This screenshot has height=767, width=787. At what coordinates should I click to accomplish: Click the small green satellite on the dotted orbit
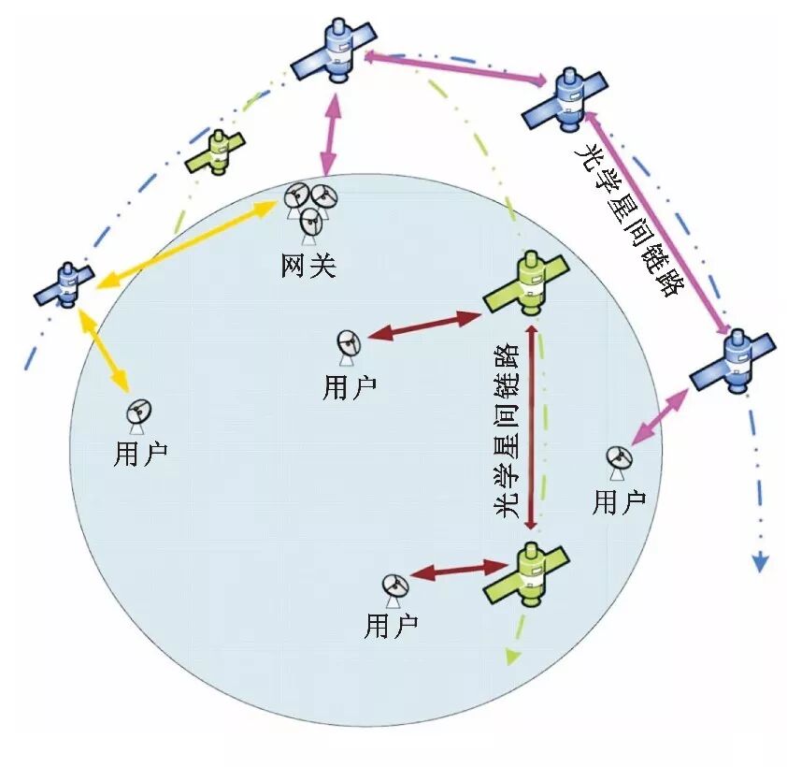click(216, 150)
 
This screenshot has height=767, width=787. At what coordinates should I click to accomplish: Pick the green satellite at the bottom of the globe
click(526, 574)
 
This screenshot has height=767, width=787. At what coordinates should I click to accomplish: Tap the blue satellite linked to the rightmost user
click(734, 360)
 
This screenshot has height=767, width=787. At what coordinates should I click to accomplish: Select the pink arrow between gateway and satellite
click(328, 136)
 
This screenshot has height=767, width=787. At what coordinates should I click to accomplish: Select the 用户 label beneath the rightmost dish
click(619, 502)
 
